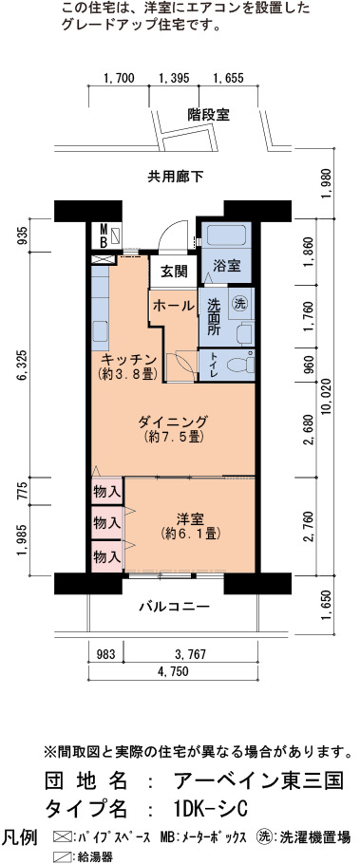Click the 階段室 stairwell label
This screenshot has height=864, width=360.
click(x=208, y=115)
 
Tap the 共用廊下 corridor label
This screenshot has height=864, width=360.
click(x=175, y=177)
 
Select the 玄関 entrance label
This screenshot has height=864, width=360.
click(x=174, y=272)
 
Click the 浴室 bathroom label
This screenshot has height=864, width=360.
click(x=226, y=265)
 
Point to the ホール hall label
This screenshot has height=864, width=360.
click(x=173, y=305)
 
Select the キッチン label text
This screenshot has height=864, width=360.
click(x=130, y=358)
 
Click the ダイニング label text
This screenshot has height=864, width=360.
click(x=173, y=423)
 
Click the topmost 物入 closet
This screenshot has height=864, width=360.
click(x=107, y=492)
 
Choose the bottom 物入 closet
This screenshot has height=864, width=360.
click(x=107, y=556)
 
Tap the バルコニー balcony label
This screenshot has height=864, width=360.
click(x=174, y=608)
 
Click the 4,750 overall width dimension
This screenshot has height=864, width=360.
click(x=174, y=670)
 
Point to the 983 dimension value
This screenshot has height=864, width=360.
click(x=106, y=654)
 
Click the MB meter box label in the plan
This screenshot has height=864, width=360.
click(x=104, y=235)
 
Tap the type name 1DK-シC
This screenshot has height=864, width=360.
click(x=209, y=810)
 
